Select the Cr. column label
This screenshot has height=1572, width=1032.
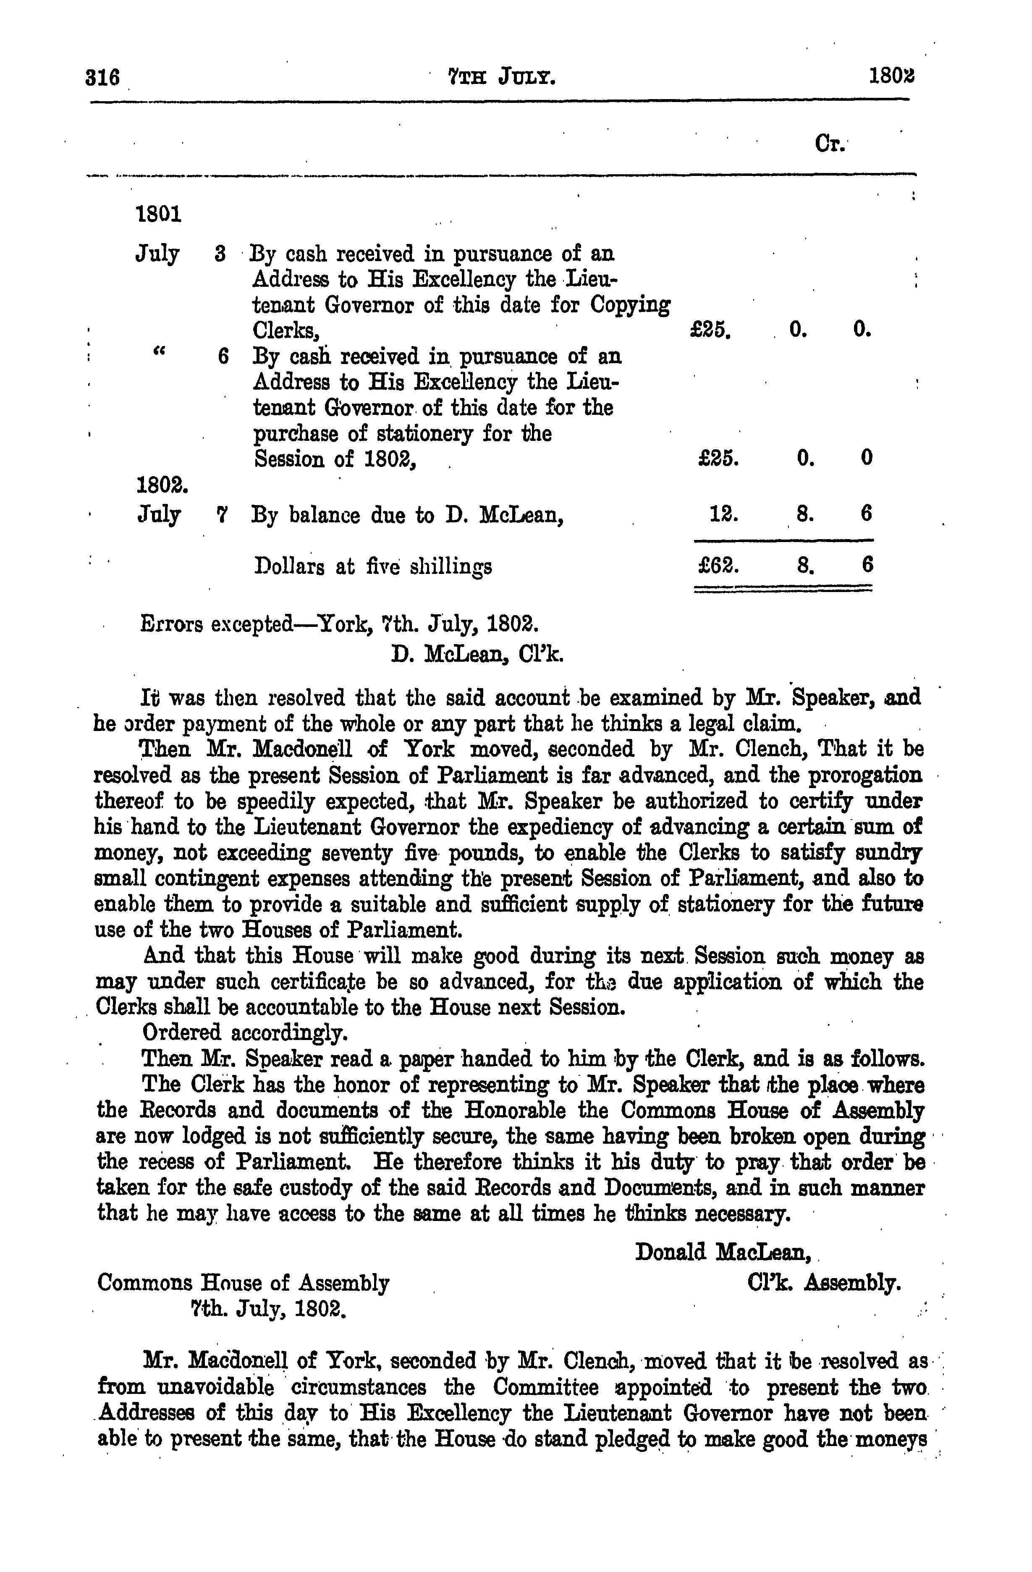(x=830, y=143)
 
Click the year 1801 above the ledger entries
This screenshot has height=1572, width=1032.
(x=158, y=215)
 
